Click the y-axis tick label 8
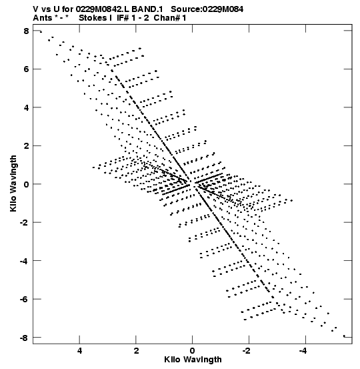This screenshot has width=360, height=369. pyautogui.click(x=26, y=31)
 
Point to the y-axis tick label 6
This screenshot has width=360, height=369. pyautogui.click(x=26, y=69)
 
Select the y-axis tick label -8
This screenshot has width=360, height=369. pyautogui.click(x=24, y=338)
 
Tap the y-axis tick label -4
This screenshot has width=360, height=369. pyautogui.click(x=24, y=261)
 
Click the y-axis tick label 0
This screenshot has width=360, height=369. pyautogui.click(x=26, y=184)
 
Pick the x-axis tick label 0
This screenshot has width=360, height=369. pyautogui.click(x=193, y=350)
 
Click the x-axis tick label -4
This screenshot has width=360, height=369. pyautogui.click(x=303, y=350)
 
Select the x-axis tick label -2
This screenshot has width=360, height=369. pyautogui.click(x=247, y=350)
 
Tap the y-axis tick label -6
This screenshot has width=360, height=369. pyautogui.click(x=24, y=300)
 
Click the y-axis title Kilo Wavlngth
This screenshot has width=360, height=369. pyautogui.click(x=13, y=183)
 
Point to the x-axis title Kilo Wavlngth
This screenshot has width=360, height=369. pyautogui.click(x=193, y=360)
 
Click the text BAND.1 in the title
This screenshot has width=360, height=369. pyautogui.click(x=147, y=9)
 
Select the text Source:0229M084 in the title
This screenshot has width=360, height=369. pyautogui.click(x=207, y=9)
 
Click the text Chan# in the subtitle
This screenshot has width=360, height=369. pyautogui.click(x=167, y=17)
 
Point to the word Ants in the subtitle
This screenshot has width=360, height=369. pyautogui.click(x=42, y=17)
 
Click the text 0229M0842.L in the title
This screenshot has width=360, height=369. pyautogui.click(x=103, y=9)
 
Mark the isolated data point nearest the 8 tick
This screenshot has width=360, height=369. pyautogui.click(x=41, y=32)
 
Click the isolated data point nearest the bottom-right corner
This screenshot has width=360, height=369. pyautogui.click(x=344, y=336)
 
